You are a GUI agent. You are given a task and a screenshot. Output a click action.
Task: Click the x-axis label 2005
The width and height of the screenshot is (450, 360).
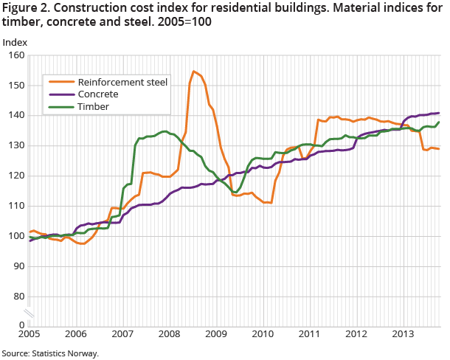[29, 333]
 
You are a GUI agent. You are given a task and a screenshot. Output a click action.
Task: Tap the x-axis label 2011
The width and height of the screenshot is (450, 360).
[308, 333]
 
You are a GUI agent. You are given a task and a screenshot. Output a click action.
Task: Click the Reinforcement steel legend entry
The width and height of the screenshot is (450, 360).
[122, 82]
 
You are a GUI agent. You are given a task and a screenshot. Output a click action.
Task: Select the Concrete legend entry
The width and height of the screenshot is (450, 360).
[98, 94]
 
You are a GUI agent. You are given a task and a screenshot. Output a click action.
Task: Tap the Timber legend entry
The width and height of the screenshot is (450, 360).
[93, 106]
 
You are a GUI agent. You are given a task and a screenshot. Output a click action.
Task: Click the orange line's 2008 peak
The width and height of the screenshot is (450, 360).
[193, 72]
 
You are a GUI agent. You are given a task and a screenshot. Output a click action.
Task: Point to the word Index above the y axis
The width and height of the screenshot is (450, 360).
[15, 41]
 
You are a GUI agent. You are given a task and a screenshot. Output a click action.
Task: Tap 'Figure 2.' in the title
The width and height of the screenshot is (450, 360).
[25, 8]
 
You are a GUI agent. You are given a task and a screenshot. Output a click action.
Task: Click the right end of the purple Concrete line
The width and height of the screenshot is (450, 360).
[440, 113]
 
